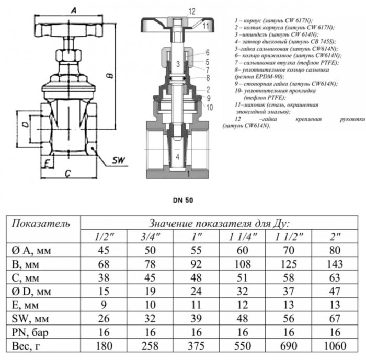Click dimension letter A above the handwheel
click(75, 10)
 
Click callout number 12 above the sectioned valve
click(177, 10)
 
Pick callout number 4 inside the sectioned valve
click(177, 156)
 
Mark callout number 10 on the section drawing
click(210, 108)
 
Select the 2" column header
click(335, 236)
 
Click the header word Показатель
click(40, 224)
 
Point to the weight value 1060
click(335, 346)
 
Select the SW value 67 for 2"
click(335, 318)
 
